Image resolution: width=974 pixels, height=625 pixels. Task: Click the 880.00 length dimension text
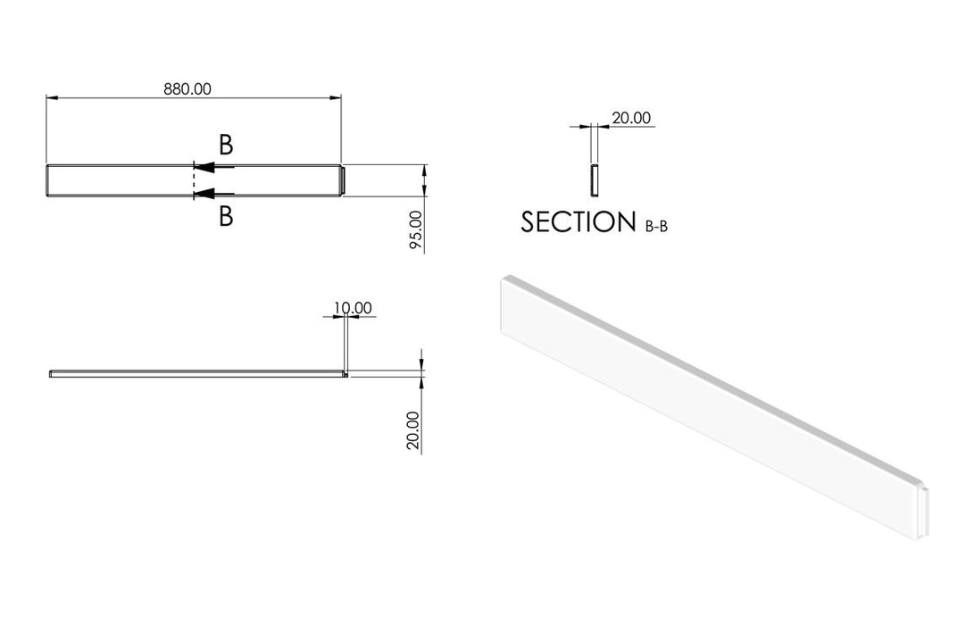[187, 88]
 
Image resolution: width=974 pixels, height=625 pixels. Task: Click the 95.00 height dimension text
[415, 231]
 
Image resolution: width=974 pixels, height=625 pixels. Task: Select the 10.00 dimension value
[353, 308]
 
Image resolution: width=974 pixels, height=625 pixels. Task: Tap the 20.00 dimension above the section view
[631, 117]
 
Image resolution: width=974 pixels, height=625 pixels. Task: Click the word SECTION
[578, 222]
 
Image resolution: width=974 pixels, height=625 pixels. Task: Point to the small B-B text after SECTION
[656, 227]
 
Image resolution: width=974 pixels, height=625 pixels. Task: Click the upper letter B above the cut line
[226, 146]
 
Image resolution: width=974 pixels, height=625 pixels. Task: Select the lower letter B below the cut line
[226, 215]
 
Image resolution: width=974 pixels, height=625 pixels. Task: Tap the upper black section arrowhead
[204, 167]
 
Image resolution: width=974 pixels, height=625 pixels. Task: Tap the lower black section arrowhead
[204, 194]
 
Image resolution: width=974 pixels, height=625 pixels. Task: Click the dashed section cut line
[194, 180]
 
